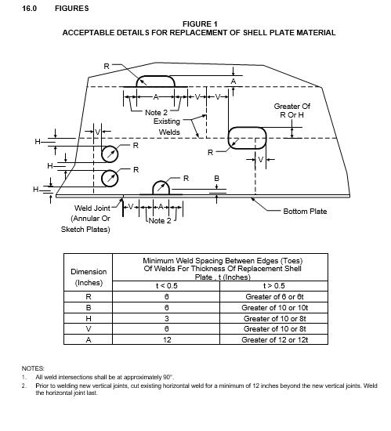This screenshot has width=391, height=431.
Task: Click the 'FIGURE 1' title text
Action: coord(200,24)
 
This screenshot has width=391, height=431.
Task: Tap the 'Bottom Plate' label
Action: coord(305,212)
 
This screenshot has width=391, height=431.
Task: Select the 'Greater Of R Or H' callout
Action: coord(291,110)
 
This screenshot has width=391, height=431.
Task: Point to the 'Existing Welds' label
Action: coord(167,127)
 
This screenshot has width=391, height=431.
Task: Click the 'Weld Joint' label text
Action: coord(92,208)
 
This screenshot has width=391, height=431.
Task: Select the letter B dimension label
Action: coord(216,179)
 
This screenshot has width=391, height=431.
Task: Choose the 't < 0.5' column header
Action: coord(167,286)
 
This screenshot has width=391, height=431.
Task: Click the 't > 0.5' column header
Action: coord(274,286)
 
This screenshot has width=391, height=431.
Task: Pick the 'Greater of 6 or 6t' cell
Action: coord(274,297)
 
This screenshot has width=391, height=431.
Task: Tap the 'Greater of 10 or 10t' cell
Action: coord(274,308)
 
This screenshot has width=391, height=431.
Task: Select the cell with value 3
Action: coord(167,319)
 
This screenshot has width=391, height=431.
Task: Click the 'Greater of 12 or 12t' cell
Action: coord(274,340)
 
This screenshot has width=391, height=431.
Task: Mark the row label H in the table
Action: coord(89,319)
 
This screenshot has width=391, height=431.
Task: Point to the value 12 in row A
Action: coord(167,340)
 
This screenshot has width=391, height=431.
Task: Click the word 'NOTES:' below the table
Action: coord(33,368)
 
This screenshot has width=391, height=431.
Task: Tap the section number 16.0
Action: coord(30,9)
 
